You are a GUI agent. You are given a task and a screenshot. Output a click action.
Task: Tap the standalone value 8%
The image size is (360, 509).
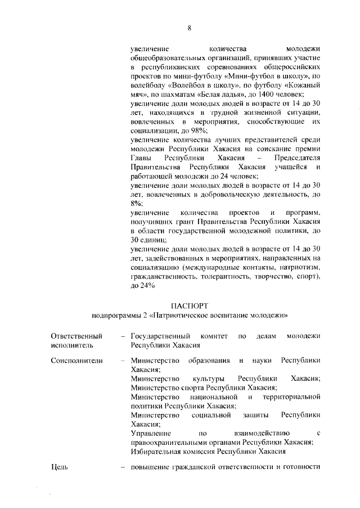point(136,203)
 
